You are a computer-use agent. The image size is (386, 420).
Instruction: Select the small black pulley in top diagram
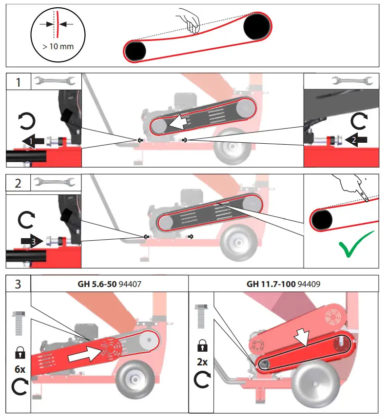[136, 51]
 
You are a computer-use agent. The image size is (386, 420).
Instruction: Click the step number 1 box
[18, 82]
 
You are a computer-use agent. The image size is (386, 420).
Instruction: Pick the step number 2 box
[18, 184]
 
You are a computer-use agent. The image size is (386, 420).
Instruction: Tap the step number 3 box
[18, 284]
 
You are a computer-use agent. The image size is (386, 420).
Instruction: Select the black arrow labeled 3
[30, 240]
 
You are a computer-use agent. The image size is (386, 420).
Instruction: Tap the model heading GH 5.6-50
[94, 284]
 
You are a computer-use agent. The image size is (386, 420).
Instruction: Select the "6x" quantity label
[20, 369]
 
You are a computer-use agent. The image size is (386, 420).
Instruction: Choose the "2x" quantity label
[201, 363]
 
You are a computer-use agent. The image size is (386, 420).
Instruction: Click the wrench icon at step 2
[52, 183]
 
